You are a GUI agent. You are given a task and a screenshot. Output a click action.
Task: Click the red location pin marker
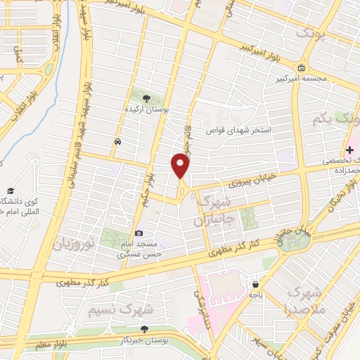pos(181,165)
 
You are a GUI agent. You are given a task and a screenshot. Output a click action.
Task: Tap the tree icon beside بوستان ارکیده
pos(146,98)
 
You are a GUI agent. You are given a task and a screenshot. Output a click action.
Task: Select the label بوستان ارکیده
pos(146,110)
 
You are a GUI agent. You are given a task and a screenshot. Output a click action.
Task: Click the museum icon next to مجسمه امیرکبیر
pos(302,68)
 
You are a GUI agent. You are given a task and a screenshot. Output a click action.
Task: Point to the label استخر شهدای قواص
pos(236,131)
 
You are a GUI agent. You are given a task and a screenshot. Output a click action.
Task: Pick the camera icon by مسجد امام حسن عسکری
pos(139,233)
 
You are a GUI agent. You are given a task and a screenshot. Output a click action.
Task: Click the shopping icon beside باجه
pos(254,284)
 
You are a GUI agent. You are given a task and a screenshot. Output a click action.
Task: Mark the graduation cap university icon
pos(11,191)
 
